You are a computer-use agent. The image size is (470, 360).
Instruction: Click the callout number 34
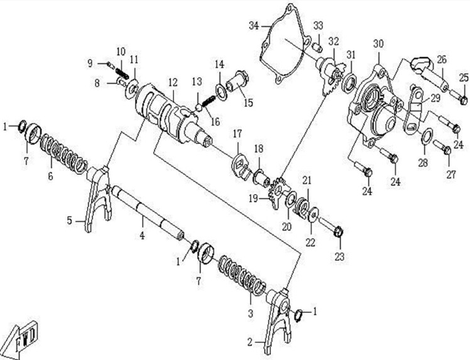click(253, 25)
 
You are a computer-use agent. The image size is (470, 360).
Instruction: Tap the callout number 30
click(378, 43)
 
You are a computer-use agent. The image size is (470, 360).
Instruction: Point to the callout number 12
click(172, 82)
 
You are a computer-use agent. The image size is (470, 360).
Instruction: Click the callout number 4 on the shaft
click(142, 236)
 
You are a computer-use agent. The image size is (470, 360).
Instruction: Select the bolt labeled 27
click(445, 150)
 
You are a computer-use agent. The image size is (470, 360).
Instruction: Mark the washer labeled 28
click(424, 136)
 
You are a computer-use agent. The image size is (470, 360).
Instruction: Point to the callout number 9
click(90, 62)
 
